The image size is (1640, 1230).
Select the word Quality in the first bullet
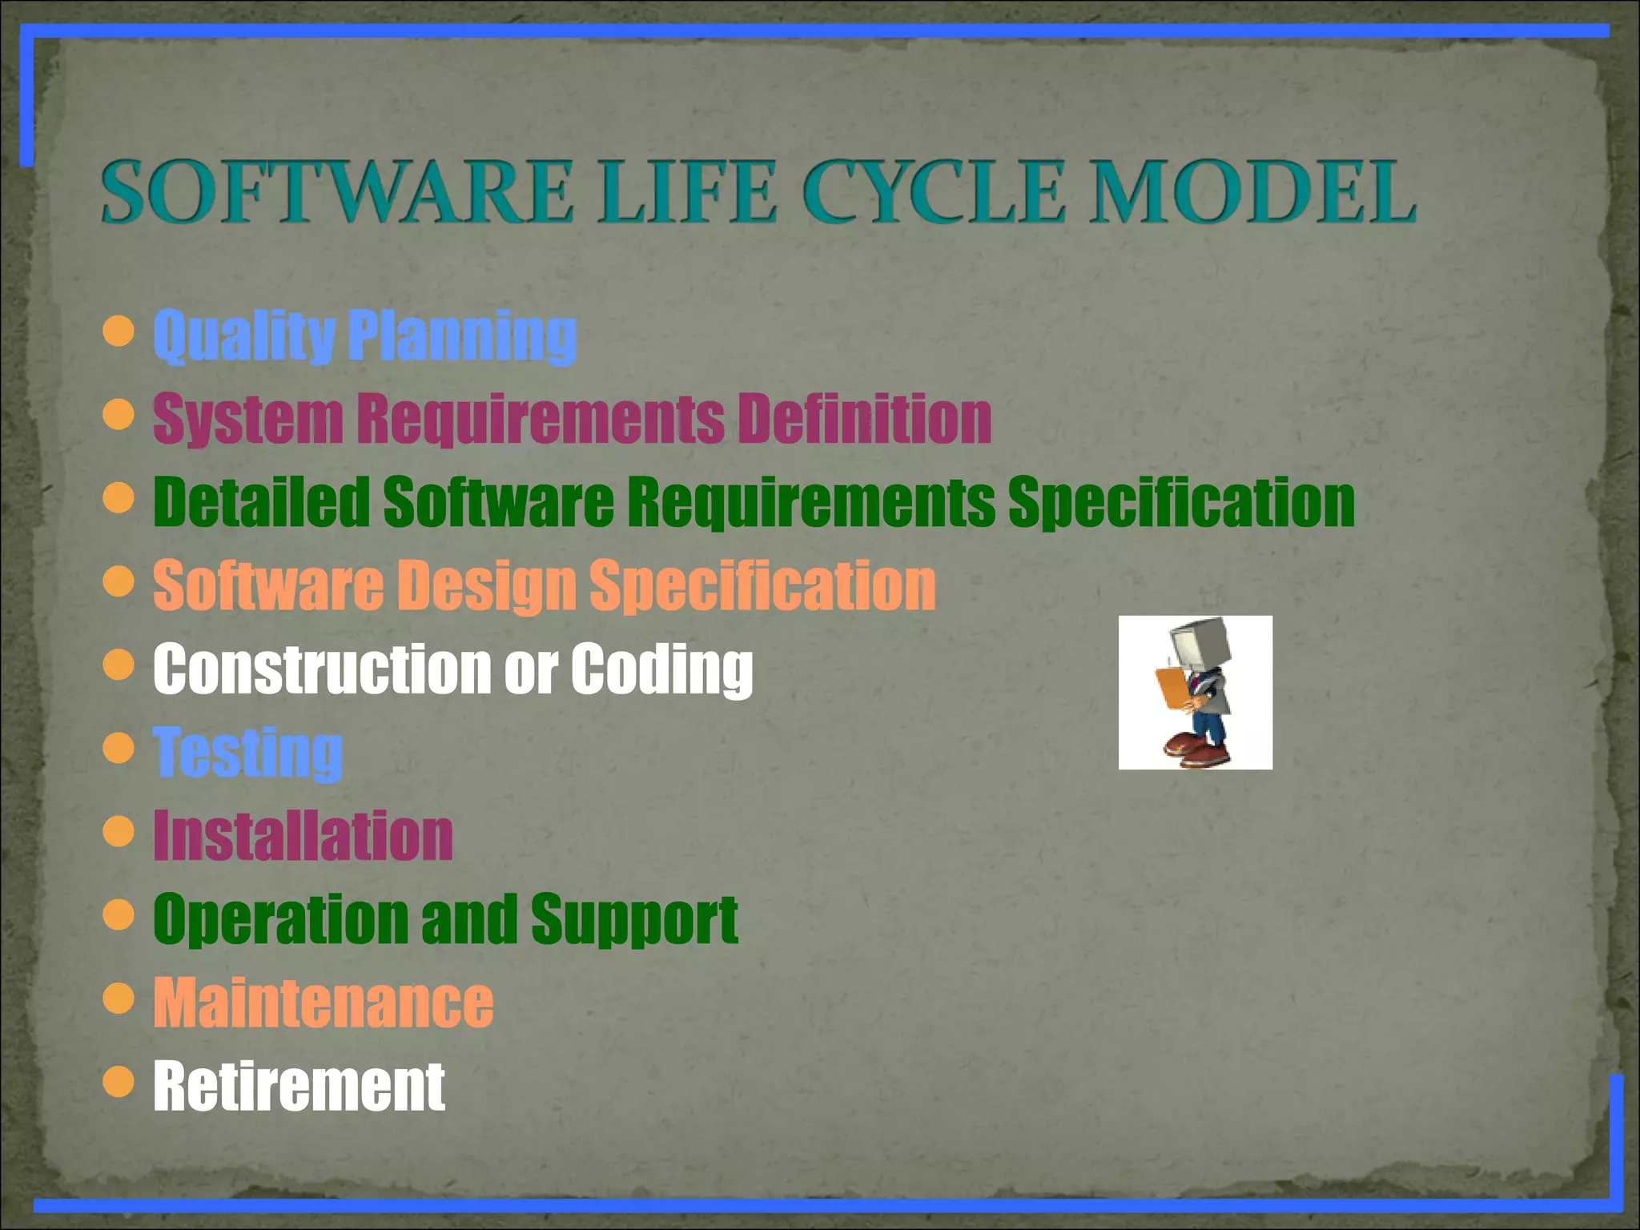click(243, 336)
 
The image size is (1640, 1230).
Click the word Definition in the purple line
click(865, 419)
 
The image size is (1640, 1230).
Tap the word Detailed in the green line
click(261, 502)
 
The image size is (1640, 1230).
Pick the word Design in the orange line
click(486, 586)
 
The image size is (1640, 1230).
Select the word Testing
click(248, 753)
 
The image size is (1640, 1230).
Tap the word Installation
click(303, 836)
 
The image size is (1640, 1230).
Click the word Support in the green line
click(633, 919)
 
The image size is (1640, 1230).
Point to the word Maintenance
click(323, 1003)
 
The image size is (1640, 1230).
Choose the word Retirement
click(299, 1087)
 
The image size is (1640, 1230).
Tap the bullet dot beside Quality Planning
click(119, 331)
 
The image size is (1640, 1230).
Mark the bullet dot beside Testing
click(119, 748)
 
